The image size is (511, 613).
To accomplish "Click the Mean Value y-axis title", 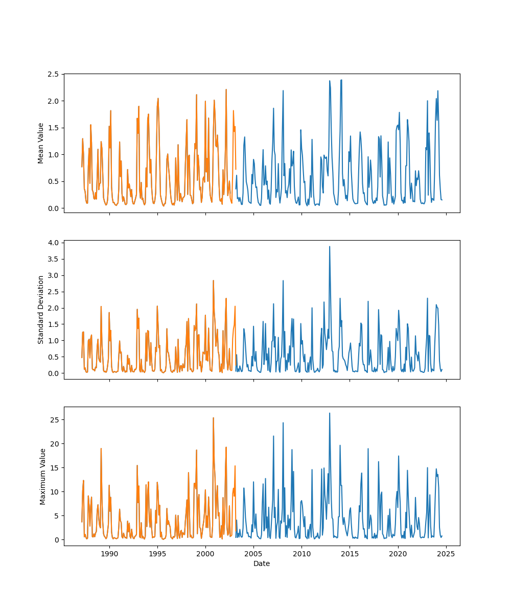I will [x=41, y=143].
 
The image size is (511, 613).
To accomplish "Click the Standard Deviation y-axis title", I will [x=41, y=310].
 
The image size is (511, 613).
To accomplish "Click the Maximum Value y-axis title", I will [x=43, y=476].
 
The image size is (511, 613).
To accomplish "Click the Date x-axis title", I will [x=262, y=563].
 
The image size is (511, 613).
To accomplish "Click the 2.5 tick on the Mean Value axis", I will [x=53, y=74].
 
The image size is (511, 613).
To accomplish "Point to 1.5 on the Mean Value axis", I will [x=53, y=128].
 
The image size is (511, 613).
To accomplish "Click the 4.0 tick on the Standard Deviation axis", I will [x=53, y=242].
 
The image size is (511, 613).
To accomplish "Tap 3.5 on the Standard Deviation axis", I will [x=53, y=258].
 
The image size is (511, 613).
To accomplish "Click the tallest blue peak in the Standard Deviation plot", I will [x=330, y=247].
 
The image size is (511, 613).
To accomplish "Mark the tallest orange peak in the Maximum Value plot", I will [x=213, y=418].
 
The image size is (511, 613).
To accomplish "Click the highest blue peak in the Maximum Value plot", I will [x=330, y=413].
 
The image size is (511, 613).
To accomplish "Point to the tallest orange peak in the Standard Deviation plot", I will [x=213, y=280].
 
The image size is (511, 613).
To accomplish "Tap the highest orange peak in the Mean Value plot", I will [x=226, y=90].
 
